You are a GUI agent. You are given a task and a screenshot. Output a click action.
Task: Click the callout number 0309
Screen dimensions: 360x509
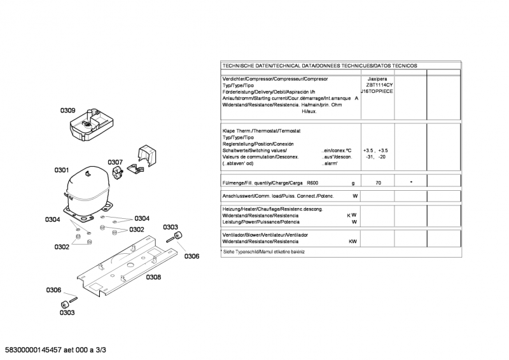tap(68, 111)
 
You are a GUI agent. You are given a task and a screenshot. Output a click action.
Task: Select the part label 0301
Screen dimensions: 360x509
tap(61, 170)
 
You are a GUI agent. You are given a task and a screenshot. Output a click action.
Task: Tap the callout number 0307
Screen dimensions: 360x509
tap(115, 162)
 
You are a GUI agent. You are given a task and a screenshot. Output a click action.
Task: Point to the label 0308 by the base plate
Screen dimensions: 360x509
tap(153, 277)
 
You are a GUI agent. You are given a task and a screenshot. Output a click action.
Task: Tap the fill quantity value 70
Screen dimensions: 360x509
tap(378, 183)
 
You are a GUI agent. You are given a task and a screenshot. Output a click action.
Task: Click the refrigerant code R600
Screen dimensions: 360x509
tap(312, 183)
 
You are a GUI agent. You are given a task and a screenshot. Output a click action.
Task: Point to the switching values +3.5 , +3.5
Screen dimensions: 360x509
tap(375, 150)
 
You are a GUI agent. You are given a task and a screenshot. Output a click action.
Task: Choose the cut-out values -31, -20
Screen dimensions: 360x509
tap(375, 156)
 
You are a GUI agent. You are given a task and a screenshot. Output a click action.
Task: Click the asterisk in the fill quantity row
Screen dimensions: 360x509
tap(411, 182)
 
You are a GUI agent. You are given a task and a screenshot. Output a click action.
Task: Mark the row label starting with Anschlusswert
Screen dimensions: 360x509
tap(277, 196)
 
